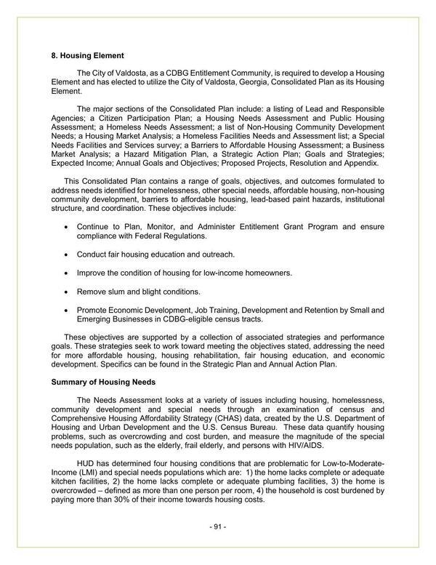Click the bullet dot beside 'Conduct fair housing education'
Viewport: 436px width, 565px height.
[68, 255]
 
